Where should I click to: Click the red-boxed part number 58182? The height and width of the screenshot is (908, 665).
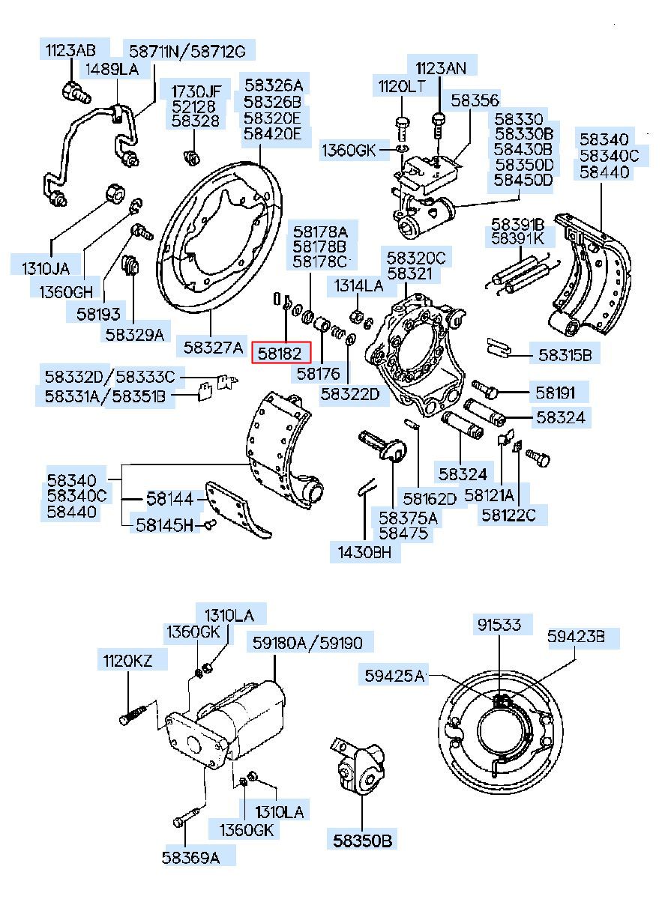click(x=280, y=353)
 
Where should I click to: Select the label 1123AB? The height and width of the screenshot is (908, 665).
click(x=70, y=51)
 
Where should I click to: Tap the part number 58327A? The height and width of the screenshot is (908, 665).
click(x=213, y=348)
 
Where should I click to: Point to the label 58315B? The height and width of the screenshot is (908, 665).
click(x=565, y=355)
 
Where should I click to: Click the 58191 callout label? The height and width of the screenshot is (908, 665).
click(x=555, y=393)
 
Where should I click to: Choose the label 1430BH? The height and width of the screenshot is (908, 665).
click(x=364, y=552)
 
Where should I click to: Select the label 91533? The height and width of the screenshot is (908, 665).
click(x=499, y=625)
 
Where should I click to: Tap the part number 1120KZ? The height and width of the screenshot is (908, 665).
click(x=127, y=661)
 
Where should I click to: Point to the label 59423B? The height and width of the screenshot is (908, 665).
click(x=576, y=636)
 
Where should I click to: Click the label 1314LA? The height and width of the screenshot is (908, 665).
click(x=358, y=285)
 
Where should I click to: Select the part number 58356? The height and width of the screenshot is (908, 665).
click(x=475, y=100)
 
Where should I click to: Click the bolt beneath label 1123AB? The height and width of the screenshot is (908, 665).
click(x=76, y=92)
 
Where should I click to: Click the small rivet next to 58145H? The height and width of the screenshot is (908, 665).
click(x=211, y=524)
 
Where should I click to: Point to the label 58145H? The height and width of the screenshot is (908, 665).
click(x=164, y=525)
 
